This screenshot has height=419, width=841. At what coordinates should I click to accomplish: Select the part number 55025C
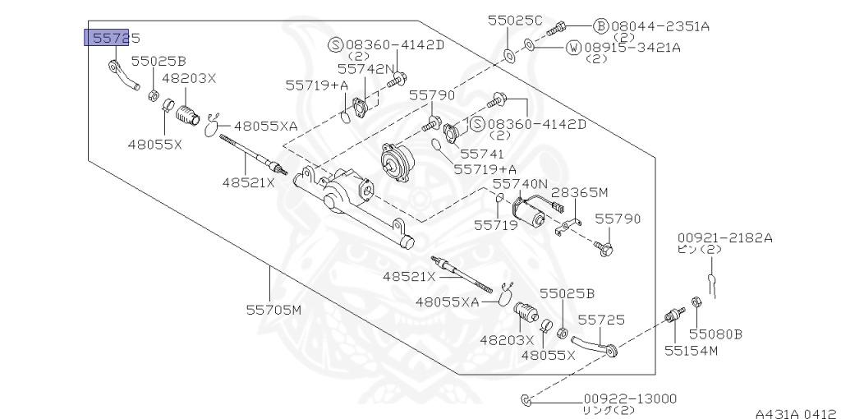515,19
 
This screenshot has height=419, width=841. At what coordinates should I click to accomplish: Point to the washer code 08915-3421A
632,48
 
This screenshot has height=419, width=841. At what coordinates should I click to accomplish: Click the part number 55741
480,154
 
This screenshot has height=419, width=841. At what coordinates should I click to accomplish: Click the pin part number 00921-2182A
724,237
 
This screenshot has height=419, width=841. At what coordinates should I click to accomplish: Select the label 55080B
715,334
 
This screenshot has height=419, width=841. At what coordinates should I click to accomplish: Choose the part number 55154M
691,351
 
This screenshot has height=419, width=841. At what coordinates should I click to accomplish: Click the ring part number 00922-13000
631,398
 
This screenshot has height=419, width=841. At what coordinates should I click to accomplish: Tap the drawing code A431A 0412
796,413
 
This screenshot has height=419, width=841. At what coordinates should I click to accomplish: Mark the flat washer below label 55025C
508,56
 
